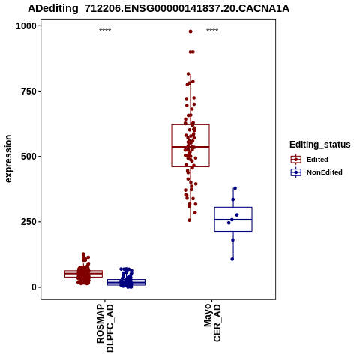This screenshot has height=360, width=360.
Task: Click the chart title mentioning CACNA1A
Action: click(x=158, y=8)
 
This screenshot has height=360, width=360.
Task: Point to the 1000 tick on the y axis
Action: click(x=26, y=25)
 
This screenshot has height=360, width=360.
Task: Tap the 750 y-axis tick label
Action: click(x=28, y=91)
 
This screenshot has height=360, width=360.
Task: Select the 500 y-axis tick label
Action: click(x=28, y=157)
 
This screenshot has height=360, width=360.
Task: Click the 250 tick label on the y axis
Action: click(x=28, y=222)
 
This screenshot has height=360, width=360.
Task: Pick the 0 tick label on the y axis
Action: click(x=34, y=287)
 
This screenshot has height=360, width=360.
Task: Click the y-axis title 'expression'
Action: click(x=8, y=159)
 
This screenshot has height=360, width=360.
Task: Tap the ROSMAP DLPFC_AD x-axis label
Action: click(x=105, y=328)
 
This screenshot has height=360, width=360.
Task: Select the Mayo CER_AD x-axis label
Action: click(x=212, y=322)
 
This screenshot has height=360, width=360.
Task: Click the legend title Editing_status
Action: click(x=319, y=145)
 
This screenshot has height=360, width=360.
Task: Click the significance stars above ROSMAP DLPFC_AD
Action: click(x=105, y=31)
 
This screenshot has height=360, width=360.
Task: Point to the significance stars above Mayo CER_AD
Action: click(x=212, y=31)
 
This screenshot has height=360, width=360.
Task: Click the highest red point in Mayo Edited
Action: click(x=190, y=31)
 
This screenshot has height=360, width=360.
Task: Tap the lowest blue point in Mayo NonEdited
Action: click(x=232, y=259)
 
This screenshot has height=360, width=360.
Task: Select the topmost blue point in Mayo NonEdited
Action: click(x=235, y=188)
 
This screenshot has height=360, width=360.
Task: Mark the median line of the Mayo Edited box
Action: click(x=190, y=147)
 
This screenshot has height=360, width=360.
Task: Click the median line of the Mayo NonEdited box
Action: click(x=233, y=220)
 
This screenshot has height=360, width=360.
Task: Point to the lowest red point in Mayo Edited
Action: click(x=189, y=220)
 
